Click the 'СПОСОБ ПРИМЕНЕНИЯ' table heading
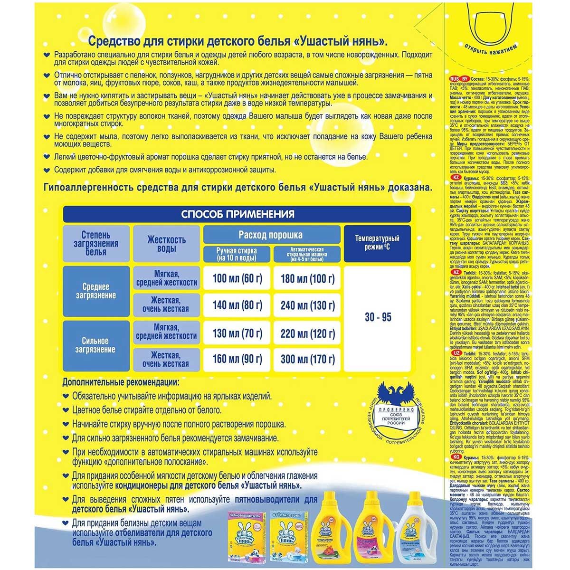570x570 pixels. coord(237,214)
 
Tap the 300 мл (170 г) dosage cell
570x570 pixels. coord(307,359)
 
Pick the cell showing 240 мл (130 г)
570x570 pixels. coord(307,305)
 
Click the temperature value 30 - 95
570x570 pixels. coord(378,317)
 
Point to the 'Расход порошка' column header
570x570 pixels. coord(271,235)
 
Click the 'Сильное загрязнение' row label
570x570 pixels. coord(95,345)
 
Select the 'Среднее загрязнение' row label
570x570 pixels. coord(95,291)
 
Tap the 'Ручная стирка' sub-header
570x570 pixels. coord(236,255)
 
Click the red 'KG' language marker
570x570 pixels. coord(454,456)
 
